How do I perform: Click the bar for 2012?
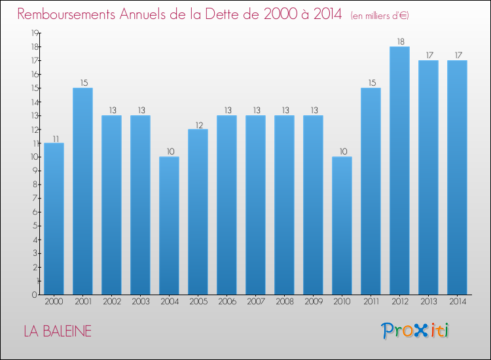tap(399, 170)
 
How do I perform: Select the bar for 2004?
tap(169, 226)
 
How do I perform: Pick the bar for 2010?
tap(342, 226)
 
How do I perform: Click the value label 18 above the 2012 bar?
tap(399, 41)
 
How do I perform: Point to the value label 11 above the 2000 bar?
tap(54, 138)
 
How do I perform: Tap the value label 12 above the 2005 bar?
tap(198, 124)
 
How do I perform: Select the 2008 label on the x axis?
tap(284, 302)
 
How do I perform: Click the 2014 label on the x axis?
tap(457, 302)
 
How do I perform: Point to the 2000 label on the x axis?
tap(54, 302)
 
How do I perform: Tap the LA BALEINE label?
tap(58, 331)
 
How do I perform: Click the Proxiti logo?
tap(415, 331)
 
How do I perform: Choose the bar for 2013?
tap(428, 177)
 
